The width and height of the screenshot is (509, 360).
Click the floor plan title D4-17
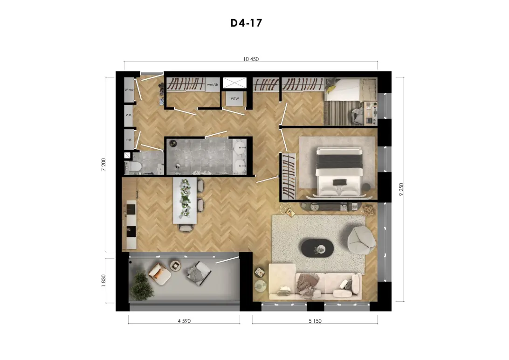pyautogui.click(x=246, y=23)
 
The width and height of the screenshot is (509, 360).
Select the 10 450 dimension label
pyautogui.click(x=251, y=59)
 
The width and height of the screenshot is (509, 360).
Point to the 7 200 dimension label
pyautogui.click(x=103, y=165)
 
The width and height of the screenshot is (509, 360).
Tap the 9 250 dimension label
pyautogui.click(x=401, y=190)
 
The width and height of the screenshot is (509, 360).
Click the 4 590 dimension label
pyautogui.click(x=184, y=321)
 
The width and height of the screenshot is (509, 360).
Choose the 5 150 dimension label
pyautogui.click(x=315, y=321)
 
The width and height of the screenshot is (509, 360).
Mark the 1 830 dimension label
pyautogui.click(x=103, y=281)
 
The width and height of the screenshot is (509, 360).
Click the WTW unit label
pyautogui.click(x=235, y=99)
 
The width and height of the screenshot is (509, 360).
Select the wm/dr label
pyautogui.click(x=213, y=84)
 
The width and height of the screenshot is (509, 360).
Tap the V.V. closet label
pyautogui.click(x=129, y=115)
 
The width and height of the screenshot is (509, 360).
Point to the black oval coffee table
pyautogui.click(x=317, y=249)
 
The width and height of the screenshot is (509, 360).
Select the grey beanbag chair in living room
pyautogui.click(x=361, y=240)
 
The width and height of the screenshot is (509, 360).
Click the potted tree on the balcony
pyautogui.click(x=142, y=286)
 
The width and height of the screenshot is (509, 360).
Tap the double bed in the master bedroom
pyautogui.click(x=339, y=172)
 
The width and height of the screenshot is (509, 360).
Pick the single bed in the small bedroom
pyautogui.click(x=351, y=90)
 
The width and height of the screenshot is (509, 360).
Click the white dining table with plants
pyautogui.click(x=185, y=200)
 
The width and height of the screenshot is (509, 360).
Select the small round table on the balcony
pyautogui.click(x=176, y=265)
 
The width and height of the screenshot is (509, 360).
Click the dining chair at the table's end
pyautogui.click(x=186, y=228)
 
